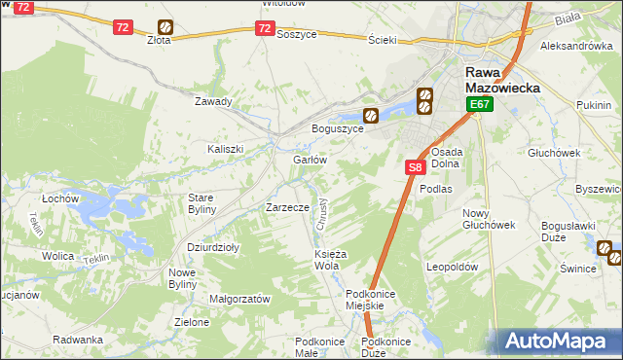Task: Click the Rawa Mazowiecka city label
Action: coord(499,80)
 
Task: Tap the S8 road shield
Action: coord(415,167)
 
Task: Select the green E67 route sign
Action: coord(478,104)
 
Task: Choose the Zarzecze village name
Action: coord(287,207)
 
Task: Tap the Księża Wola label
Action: coord(326,260)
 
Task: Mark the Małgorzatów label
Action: coord(239,299)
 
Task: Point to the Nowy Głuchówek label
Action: coord(488,219)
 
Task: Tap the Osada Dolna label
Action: coord(446,158)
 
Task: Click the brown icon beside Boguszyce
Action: coord(371,114)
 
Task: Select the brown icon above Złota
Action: coord(165,27)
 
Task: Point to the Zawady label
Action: coord(213,101)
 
